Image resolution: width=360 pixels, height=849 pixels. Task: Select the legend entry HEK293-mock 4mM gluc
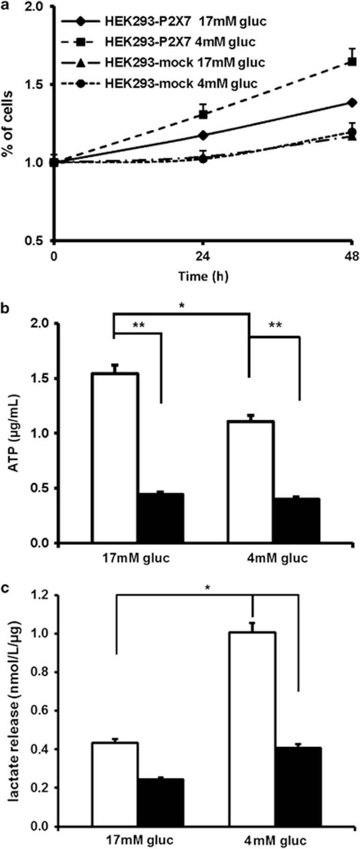click(162, 84)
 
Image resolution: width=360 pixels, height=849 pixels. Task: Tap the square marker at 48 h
click(352, 61)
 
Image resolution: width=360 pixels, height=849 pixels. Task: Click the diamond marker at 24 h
click(203, 135)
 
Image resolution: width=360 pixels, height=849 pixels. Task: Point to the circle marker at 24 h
click(203, 159)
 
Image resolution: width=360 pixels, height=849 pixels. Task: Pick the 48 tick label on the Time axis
click(351, 256)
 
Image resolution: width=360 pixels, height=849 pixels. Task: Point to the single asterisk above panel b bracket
click(181, 306)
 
